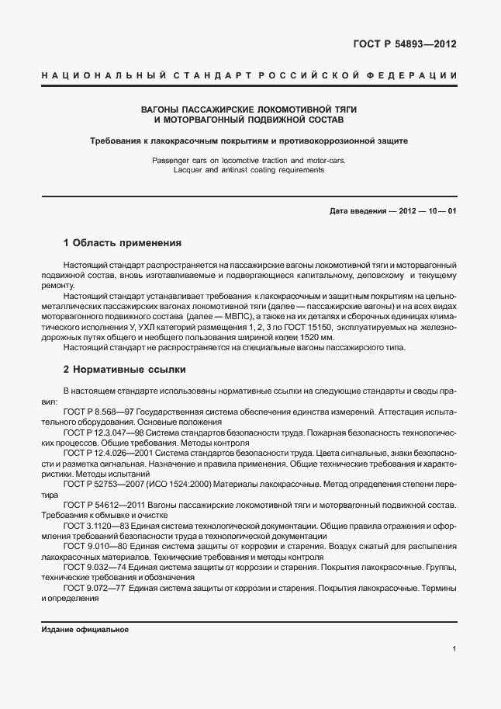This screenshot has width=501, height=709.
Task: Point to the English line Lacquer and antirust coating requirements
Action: pyautogui.click(x=248, y=169)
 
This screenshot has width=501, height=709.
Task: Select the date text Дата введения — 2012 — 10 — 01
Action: pyautogui.click(x=392, y=211)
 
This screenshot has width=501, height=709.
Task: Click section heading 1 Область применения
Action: pyautogui.click(x=122, y=242)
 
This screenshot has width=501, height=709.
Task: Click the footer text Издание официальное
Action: pyautogui.click(x=85, y=629)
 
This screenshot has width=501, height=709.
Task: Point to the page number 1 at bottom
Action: pyautogui.click(x=454, y=649)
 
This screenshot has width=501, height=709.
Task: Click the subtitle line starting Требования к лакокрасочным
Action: pyautogui.click(x=248, y=141)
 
